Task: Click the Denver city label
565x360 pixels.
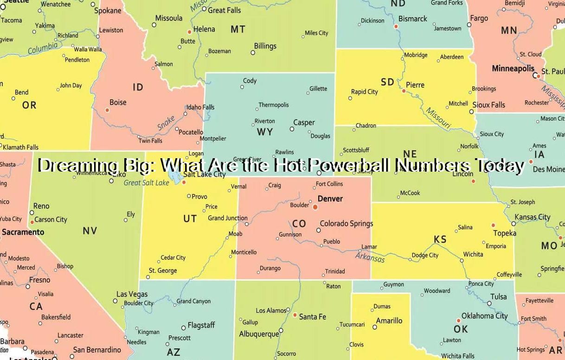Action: point(330,199)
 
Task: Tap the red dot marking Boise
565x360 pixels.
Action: point(107,110)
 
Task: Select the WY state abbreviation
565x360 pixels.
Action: point(265,132)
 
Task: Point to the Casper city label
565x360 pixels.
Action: point(304,122)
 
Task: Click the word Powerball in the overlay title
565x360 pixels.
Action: point(350,166)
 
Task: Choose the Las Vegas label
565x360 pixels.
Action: point(132,294)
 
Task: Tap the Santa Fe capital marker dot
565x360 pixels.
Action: point(295,315)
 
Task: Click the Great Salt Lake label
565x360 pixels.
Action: point(147,183)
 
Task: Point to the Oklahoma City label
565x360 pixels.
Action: point(484,316)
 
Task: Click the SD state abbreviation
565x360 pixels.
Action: point(387,82)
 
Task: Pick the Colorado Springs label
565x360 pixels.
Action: point(346,224)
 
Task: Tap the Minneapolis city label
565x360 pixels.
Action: point(513,69)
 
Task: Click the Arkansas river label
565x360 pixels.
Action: point(370,257)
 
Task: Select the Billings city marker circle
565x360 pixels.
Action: point(253,52)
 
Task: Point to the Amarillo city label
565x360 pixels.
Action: point(389,321)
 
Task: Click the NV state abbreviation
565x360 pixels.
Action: point(90,231)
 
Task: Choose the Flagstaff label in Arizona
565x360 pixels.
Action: point(201,325)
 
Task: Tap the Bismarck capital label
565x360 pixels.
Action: point(412,19)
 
